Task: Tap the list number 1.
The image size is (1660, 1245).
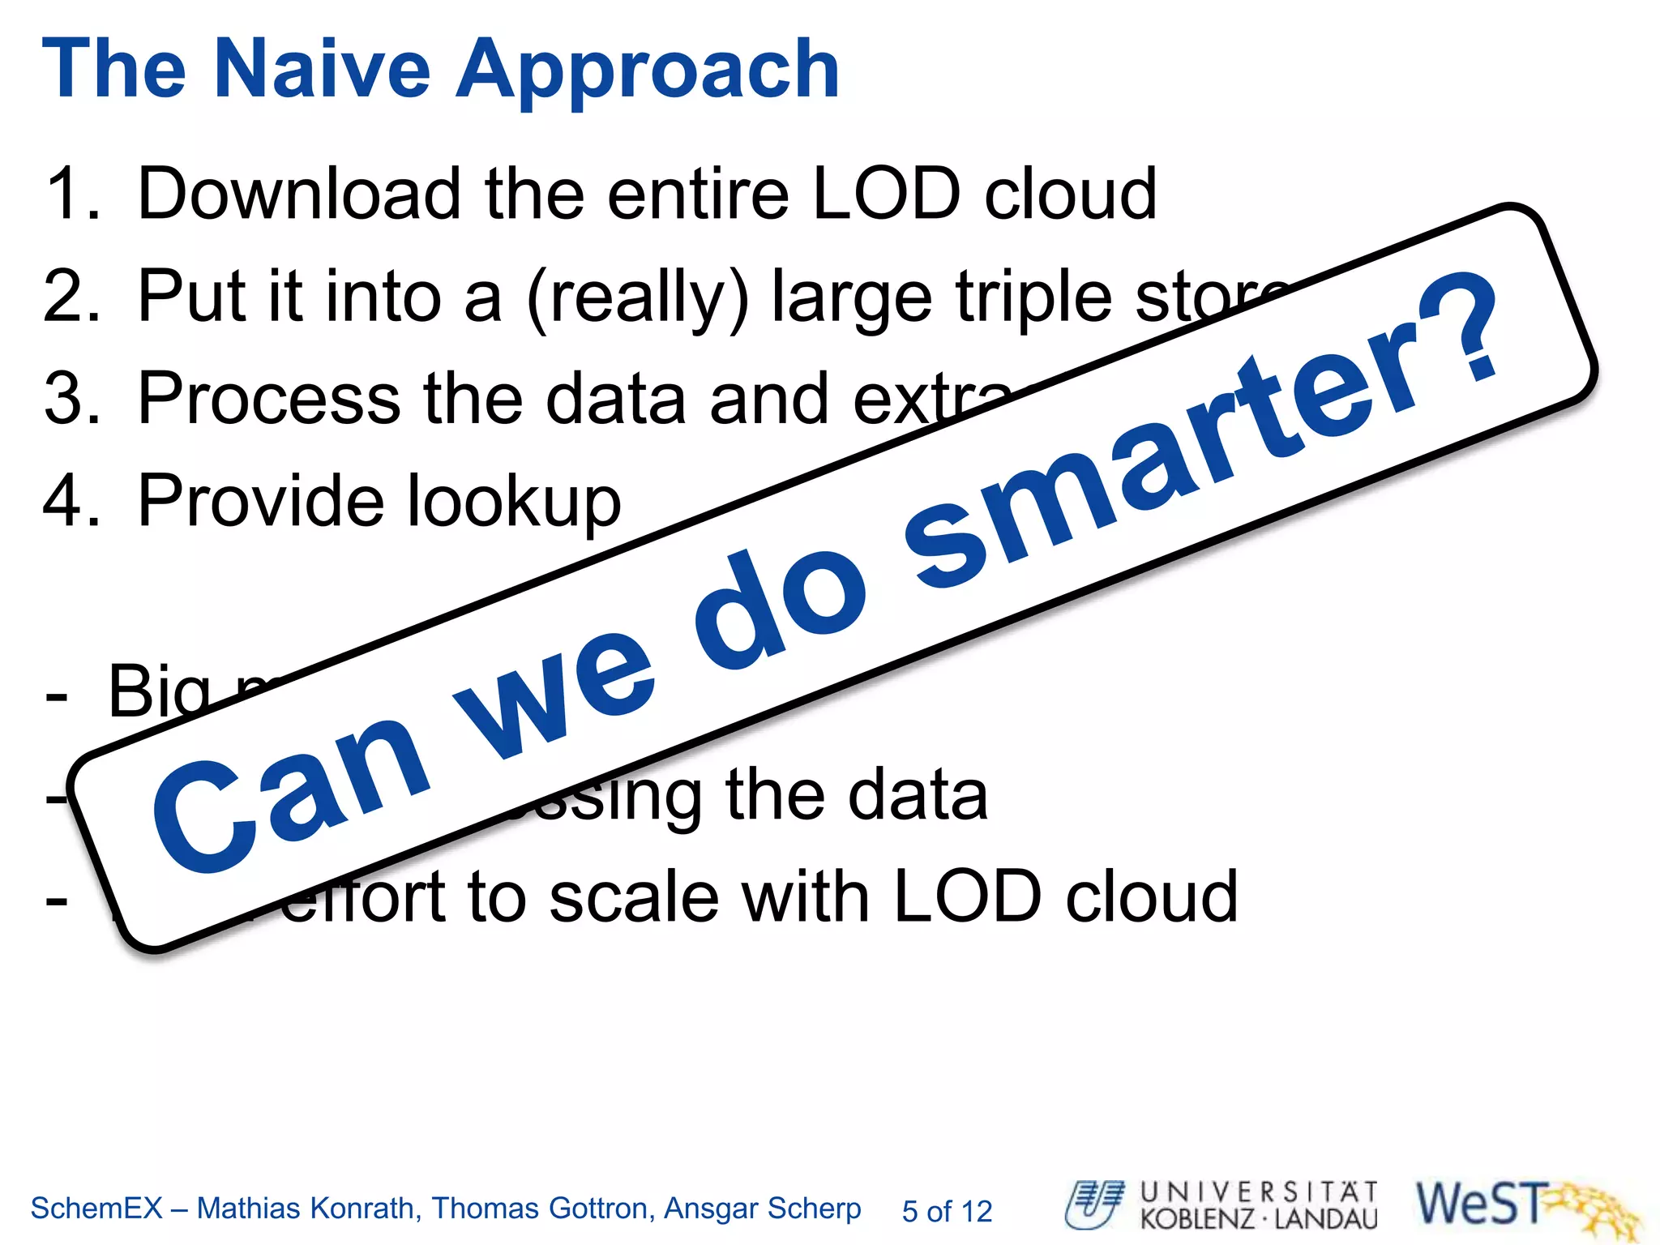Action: (x=71, y=195)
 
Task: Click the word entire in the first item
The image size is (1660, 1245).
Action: (x=697, y=195)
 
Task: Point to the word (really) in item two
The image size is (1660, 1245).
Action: (x=637, y=298)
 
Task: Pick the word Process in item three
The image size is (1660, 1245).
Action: (x=268, y=399)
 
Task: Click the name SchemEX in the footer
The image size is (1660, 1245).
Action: (x=96, y=1209)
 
